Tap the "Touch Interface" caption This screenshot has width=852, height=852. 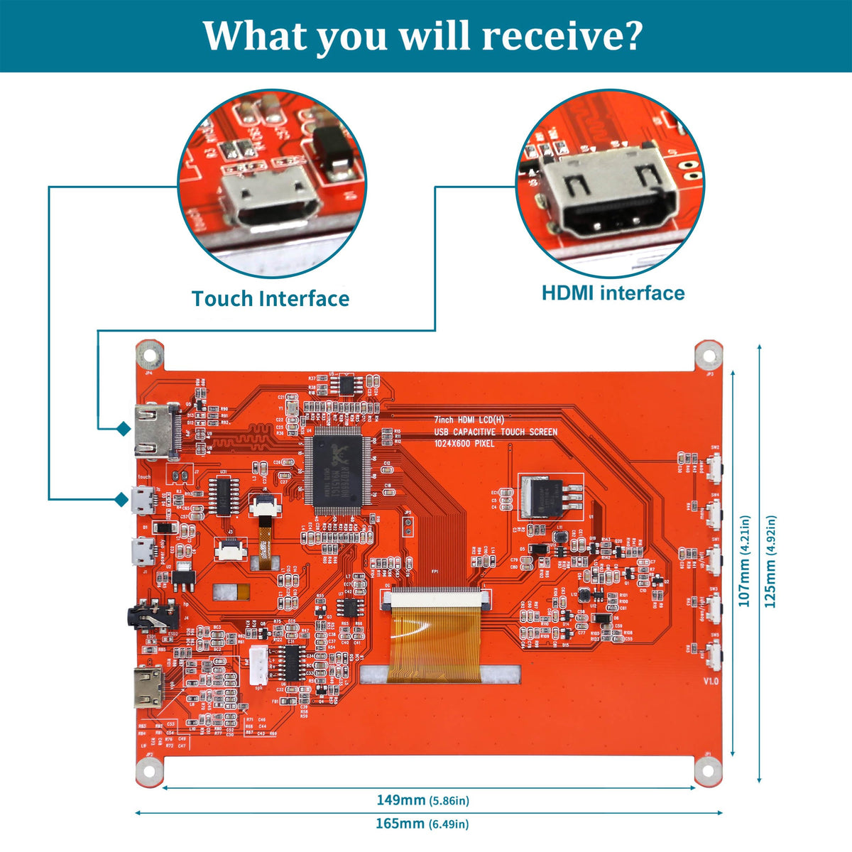[x=270, y=299]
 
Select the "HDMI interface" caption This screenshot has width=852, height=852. [x=613, y=293]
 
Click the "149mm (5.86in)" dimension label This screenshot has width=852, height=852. [x=422, y=800]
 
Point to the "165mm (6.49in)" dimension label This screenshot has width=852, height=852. [x=422, y=824]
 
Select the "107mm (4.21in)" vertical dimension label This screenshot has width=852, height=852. [x=745, y=561]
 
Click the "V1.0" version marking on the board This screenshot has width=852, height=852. [x=711, y=681]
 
